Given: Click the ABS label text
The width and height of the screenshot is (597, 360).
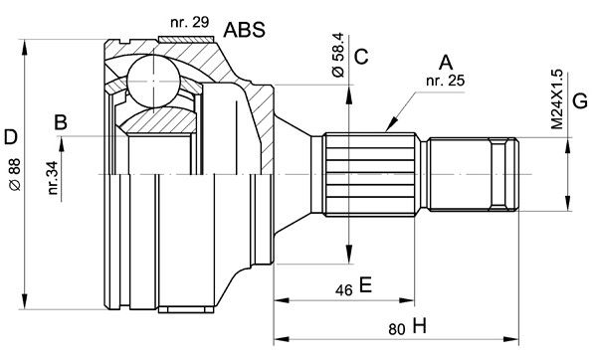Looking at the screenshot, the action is [244, 30].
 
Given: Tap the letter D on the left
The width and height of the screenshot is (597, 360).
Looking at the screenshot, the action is [10, 137].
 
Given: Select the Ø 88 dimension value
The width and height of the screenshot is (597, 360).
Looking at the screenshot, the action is [15, 174].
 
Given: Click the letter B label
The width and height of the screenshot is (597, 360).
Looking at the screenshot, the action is [61, 123].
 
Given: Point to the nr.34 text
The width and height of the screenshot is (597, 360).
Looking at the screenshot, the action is [53, 178].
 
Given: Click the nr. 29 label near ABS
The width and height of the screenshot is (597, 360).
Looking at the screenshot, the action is [190, 23].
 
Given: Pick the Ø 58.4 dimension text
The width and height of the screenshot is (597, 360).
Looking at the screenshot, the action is [337, 55].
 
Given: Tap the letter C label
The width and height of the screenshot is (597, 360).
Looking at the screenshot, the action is [361, 57].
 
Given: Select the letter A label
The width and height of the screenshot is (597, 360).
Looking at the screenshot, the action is [446, 63].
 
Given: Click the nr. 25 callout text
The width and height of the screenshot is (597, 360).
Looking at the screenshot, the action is [446, 81].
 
